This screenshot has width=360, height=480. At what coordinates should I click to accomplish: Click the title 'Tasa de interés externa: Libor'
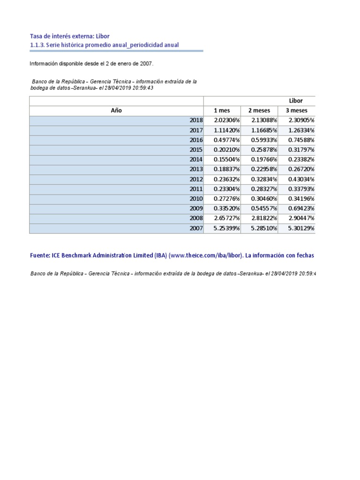pos(69,36)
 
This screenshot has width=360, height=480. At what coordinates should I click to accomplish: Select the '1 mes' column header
pos(222,111)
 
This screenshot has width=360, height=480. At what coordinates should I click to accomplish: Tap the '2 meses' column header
pos(259,111)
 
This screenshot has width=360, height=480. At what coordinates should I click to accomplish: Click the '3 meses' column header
pos(296,111)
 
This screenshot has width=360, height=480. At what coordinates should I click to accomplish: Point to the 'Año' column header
pos(116,111)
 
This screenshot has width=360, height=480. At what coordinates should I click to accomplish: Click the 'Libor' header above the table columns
pos(296,101)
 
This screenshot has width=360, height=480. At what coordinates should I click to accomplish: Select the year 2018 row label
pos(196,120)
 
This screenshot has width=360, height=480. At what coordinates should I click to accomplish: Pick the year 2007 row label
pos(196,228)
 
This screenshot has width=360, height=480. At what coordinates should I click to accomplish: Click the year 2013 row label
pos(196,169)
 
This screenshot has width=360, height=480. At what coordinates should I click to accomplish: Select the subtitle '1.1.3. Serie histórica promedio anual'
pos(104,45)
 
